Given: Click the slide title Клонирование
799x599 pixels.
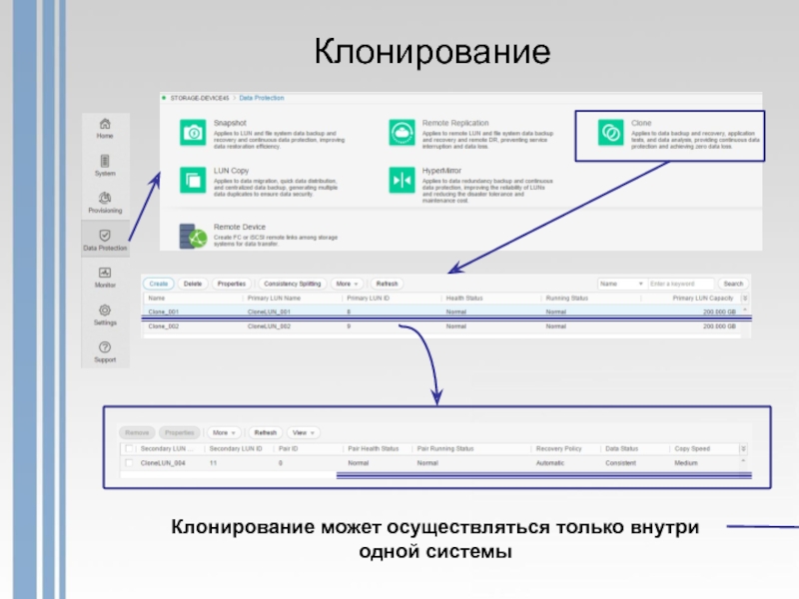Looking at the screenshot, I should pos(432,52).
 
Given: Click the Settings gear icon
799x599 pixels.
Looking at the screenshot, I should pos(105,310).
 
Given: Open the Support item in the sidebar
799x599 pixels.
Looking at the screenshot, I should pos(105,347).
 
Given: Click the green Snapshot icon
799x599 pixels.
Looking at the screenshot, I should pos(192,132).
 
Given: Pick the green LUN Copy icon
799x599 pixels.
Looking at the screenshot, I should pos(192,180).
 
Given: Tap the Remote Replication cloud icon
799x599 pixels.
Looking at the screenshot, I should pos(402,132).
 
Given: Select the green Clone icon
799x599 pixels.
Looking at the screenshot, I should pos(609,132).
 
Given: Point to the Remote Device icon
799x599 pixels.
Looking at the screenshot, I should pos(192,237).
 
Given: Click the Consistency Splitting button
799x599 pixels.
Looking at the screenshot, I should pos(293,284).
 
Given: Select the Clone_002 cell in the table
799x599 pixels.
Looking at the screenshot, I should pos(164,326).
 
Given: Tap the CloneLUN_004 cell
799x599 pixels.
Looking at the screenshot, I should pos(163,464).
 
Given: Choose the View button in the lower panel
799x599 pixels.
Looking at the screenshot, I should pos(303,433).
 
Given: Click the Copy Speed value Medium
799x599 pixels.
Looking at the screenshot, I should pos(686,464).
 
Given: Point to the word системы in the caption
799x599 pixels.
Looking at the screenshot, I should pos(469,551).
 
